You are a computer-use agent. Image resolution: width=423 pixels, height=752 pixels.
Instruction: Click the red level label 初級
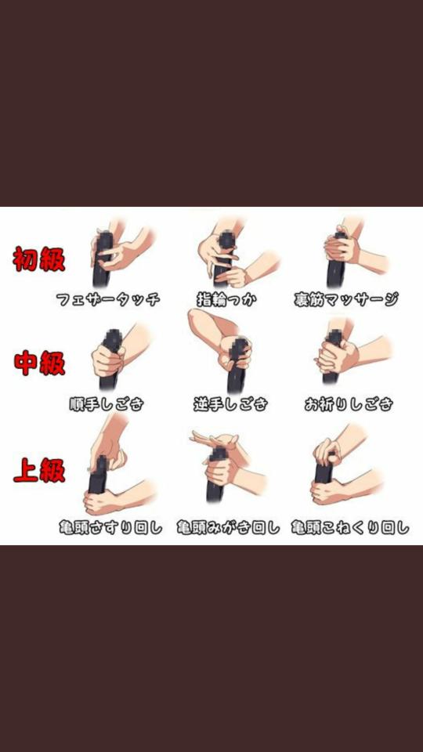[39, 259]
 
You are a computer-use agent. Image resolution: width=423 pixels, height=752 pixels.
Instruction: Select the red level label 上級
[39, 469]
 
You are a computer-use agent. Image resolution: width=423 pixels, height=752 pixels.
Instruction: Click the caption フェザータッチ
[108, 300]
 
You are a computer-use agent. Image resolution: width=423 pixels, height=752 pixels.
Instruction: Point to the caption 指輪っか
[227, 300]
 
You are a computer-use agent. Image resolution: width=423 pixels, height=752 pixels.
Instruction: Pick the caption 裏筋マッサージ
[346, 300]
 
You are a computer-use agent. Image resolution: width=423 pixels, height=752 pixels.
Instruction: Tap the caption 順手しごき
[107, 404]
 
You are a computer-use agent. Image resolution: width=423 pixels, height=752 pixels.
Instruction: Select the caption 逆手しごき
[230, 404]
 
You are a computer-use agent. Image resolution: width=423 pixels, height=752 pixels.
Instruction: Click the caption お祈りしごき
[349, 404]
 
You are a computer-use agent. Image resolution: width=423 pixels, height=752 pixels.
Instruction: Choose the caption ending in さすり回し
[110, 527]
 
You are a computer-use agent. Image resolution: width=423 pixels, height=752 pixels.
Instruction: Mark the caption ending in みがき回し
[228, 527]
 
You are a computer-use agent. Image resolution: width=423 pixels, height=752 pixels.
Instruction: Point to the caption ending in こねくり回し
[351, 527]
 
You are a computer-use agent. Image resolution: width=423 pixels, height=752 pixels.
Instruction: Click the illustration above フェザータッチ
[121, 253]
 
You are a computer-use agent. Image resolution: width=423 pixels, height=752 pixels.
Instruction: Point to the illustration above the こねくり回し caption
[347, 465]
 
